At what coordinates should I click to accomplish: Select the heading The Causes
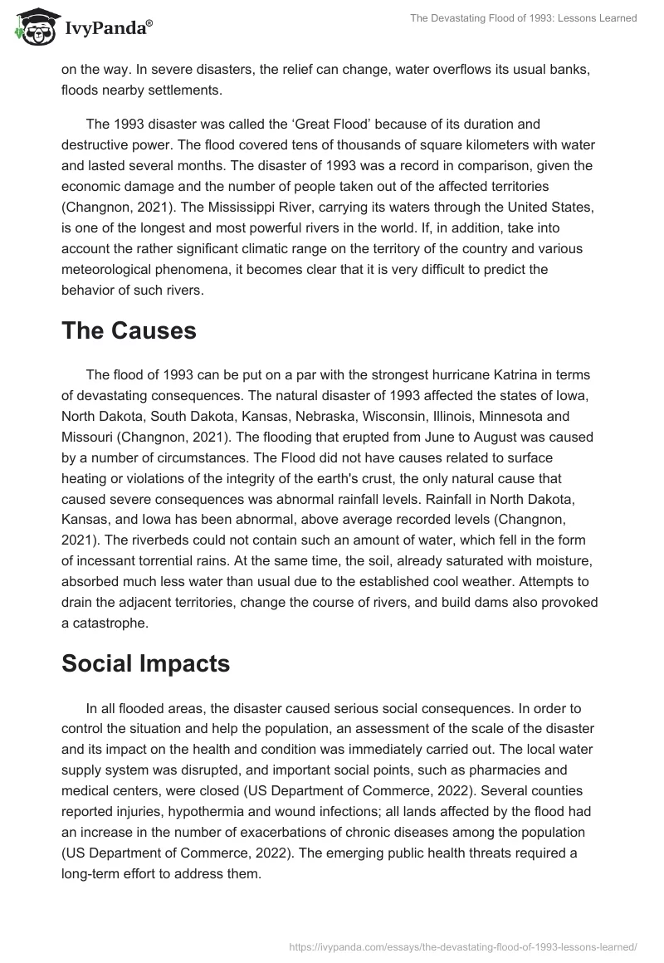pos(129,331)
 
